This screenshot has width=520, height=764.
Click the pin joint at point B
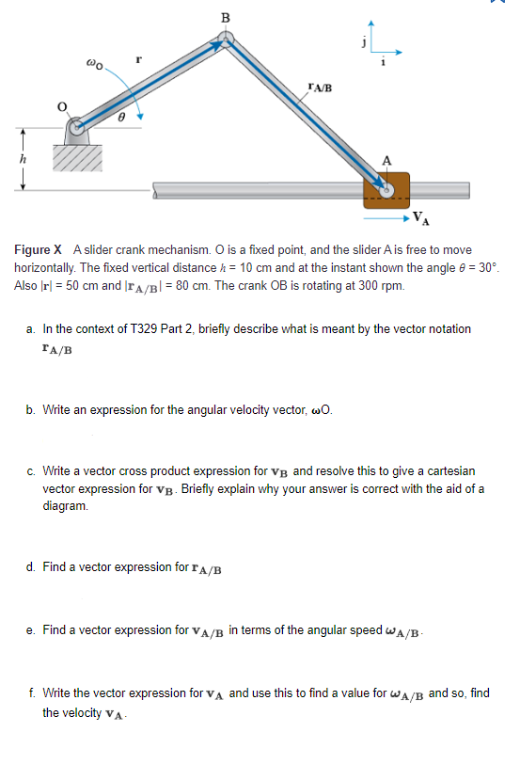[x=224, y=40]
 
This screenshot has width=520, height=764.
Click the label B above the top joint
[x=224, y=16]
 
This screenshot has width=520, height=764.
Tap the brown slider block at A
[x=386, y=191]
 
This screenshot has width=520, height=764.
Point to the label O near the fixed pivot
[x=62, y=108]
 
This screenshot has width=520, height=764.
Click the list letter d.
[x=32, y=567]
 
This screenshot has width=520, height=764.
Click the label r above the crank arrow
[x=138, y=58]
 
